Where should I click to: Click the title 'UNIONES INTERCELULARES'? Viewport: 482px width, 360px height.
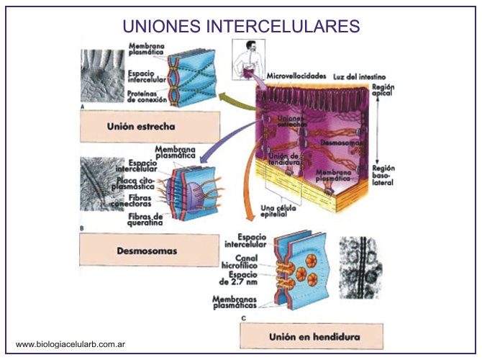[241, 26]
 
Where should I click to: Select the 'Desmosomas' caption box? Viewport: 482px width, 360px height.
[147, 252]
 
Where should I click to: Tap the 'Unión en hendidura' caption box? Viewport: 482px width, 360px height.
[314, 336]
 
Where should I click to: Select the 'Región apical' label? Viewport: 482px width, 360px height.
[383, 91]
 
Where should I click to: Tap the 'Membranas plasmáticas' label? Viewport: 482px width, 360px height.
[238, 303]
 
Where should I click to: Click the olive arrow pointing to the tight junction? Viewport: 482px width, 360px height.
[237, 101]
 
